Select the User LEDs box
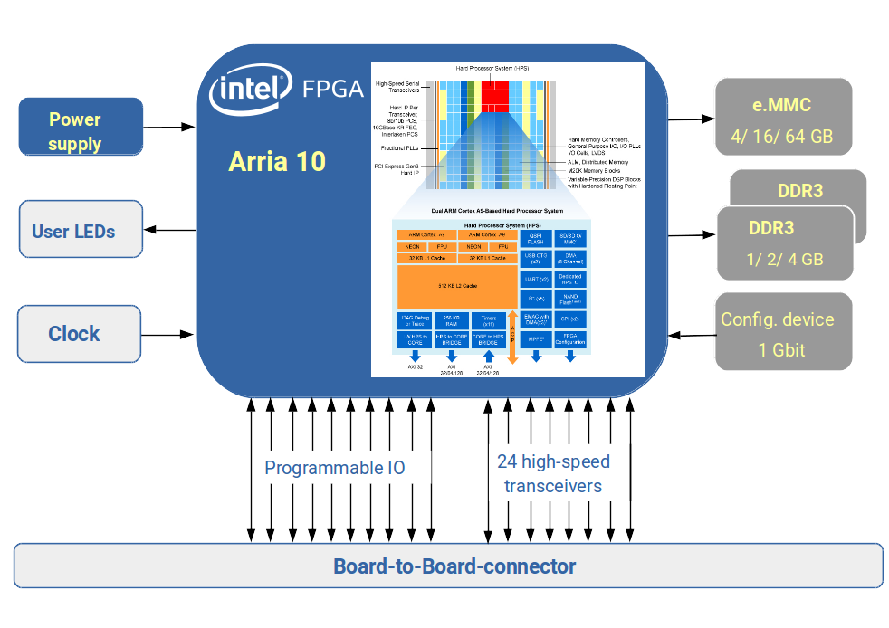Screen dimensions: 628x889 pos(81,230)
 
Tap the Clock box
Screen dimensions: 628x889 pos(80,334)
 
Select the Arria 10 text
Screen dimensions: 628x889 pos(277,162)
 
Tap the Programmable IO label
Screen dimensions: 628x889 pos(334,468)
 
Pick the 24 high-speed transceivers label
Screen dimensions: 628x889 pos(553,473)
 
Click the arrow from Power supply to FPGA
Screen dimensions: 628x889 pos(170,127)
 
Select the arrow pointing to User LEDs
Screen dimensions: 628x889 pos(170,230)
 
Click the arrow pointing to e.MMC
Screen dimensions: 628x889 pos(692,119)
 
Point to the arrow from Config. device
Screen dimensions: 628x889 pos(692,335)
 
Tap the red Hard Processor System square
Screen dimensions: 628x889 pos(495,94)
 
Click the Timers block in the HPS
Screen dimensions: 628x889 pos(489,319)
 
